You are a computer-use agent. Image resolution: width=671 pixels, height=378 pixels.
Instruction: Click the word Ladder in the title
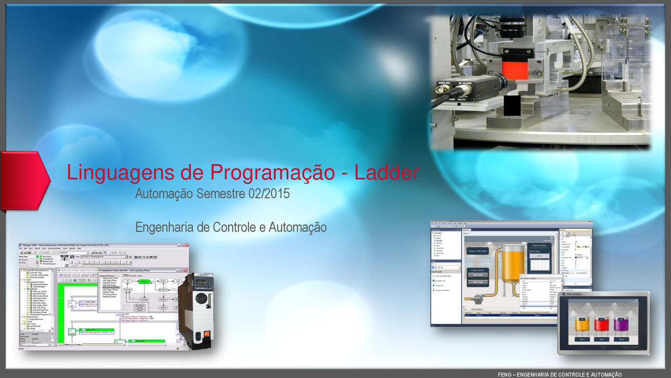tap(387, 173)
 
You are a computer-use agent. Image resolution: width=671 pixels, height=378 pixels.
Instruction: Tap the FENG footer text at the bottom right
tap(560, 374)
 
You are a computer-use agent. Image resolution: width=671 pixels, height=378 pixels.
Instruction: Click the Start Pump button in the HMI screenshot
tap(478, 275)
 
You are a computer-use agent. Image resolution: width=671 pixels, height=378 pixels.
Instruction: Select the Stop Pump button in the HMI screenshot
tap(478, 282)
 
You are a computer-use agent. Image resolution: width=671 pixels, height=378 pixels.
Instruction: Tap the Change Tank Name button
tap(478, 251)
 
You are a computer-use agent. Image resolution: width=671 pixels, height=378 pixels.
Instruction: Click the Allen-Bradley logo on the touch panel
tap(571, 297)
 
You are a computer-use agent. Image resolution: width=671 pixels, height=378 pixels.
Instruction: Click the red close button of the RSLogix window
tap(186, 246)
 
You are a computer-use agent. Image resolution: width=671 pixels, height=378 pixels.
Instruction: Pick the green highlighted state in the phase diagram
tap(144, 281)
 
